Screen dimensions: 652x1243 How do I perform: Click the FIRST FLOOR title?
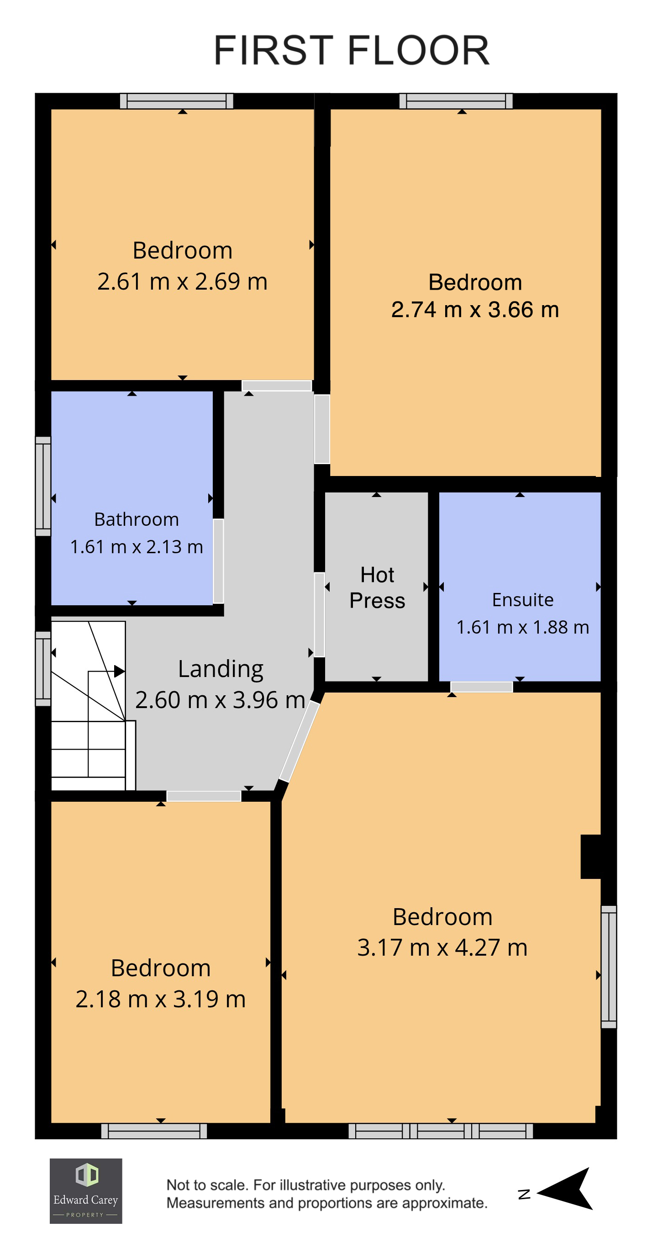click(x=352, y=50)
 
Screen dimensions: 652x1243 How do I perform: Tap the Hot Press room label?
click(x=377, y=588)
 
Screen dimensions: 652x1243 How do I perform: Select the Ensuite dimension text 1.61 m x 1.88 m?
click(x=523, y=627)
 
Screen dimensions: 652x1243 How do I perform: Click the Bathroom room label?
click(x=137, y=519)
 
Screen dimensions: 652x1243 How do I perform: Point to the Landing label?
click(x=221, y=670)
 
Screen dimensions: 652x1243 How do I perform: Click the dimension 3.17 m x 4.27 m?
click(x=442, y=947)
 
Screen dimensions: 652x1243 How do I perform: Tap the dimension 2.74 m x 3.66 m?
click(x=475, y=309)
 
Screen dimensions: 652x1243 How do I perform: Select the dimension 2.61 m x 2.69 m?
click(x=182, y=281)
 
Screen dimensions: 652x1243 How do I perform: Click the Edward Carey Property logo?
click(x=86, y=1191)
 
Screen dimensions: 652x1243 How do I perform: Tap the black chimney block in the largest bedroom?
click(x=591, y=857)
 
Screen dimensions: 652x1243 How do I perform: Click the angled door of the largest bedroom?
click(x=300, y=741)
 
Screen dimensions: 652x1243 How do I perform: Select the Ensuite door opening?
click(x=481, y=687)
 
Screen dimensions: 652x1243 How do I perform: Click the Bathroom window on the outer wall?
click(x=43, y=487)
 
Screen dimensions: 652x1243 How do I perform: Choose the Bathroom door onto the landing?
click(x=218, y=561)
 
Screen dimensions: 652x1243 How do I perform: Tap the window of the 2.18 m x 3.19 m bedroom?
click(x=154, y=1131)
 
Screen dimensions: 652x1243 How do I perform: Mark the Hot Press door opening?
click(x=319, y=614)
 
